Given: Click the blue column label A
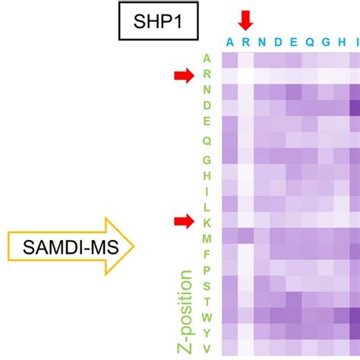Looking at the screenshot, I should coord(229,42).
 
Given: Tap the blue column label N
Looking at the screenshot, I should coord(261,42).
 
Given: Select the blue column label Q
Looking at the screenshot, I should coord(309,42).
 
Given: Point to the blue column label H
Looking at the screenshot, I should coord(342,42).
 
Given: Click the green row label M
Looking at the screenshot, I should coord(207,238).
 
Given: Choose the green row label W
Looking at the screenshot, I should coord(207,317).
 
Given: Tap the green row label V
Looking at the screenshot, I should coord(207,349).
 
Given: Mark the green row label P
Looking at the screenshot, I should coord(207,270).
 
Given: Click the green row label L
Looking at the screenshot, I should coord(207,206).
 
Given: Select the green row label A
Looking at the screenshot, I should coord(207,58).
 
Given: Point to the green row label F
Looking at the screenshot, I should coord(207,254).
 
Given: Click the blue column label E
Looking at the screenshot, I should coord(293,42).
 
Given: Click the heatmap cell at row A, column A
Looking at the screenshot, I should coord(229,60).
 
